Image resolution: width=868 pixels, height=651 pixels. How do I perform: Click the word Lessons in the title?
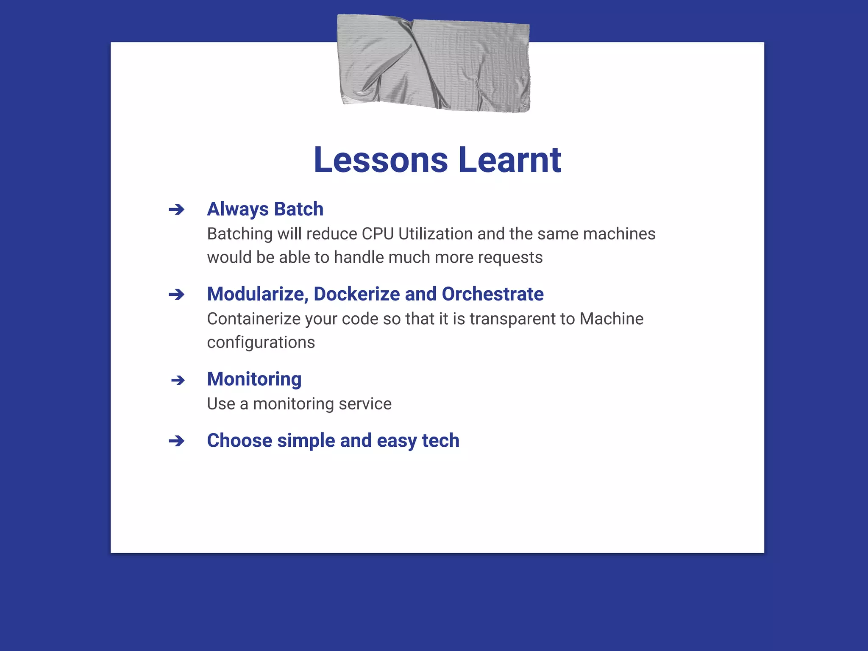[x=380, y=160]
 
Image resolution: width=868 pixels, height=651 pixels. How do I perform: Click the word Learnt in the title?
[x=510, y=160]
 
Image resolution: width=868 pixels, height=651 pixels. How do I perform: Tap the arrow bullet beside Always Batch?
[x=176, y=209]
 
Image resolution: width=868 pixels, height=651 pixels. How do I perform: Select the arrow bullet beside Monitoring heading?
[x=178, y=380]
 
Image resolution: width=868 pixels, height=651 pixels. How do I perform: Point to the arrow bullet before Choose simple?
[x=176, y=441]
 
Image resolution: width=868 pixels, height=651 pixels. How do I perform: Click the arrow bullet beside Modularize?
[x=176, y=295]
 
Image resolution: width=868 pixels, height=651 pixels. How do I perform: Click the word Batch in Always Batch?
[x=298, y=209]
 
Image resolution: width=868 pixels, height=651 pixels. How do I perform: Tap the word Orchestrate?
[x=492, y=294]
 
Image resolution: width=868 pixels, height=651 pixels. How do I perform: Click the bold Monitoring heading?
[x=254, y=379]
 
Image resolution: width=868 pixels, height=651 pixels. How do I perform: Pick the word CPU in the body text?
[x=378, y=234]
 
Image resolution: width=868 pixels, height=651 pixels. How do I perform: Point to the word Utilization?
[x=435, y=234]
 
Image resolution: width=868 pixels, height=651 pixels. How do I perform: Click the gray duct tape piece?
[x=434, y=64]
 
